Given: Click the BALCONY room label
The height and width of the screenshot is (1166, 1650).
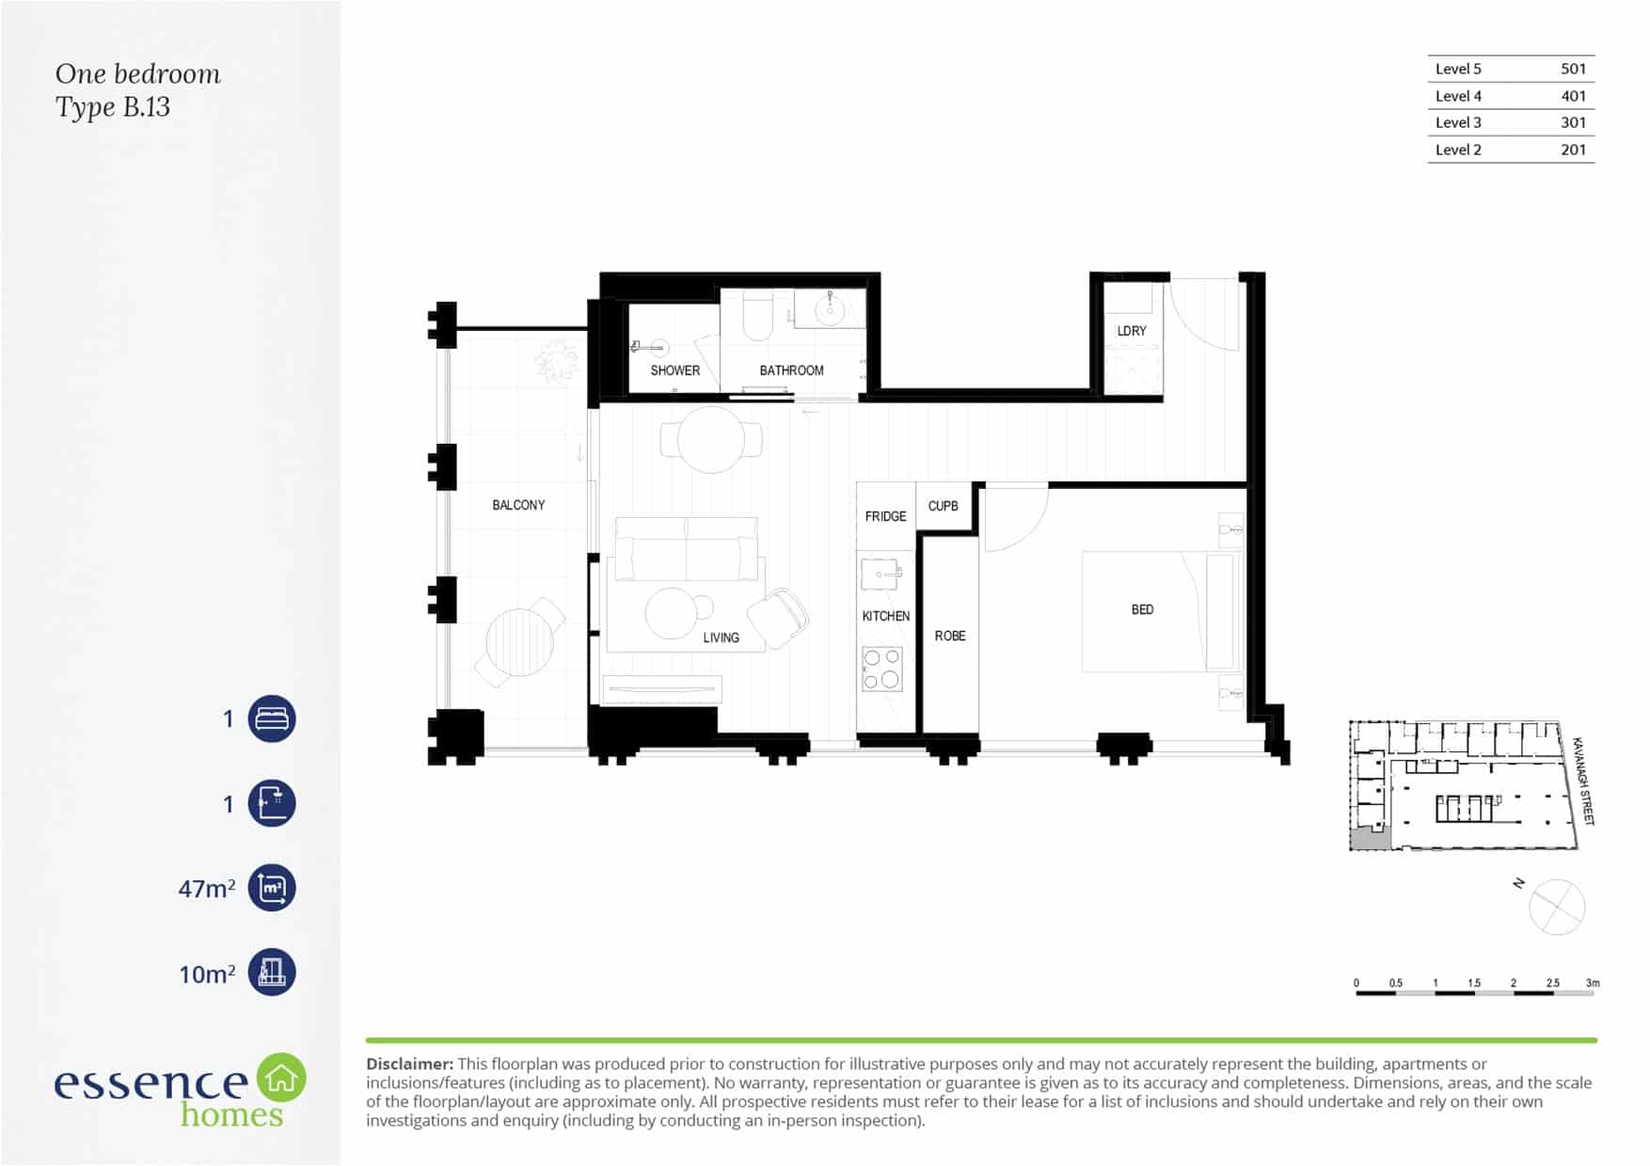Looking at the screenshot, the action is (x=518, y=505).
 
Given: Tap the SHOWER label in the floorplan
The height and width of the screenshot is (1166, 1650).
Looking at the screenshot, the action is (x=674, y=370).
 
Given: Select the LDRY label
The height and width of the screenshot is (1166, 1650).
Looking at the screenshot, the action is (x=1132, y=331).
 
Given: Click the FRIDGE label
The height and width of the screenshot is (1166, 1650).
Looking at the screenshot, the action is (x=885, y=516).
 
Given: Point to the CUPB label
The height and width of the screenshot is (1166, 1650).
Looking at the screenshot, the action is (x=943, y=506).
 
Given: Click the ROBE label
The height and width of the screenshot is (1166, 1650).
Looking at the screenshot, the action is (x=950, y=636).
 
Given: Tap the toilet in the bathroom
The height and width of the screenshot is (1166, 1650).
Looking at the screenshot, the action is (x=757, y=316).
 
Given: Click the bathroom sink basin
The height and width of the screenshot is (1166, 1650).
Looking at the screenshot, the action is (x=829, y=309).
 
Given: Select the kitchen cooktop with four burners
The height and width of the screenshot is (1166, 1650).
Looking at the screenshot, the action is (x=882, y=669).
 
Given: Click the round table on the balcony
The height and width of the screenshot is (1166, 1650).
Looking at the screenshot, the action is (x=519, y=642).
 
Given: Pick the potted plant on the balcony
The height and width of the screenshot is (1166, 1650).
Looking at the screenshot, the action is (x=556, y=362).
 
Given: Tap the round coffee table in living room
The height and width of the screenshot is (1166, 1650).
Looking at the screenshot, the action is (x=673, y=613).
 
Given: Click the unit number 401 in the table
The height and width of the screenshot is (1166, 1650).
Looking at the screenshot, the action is (x=1573, y=96).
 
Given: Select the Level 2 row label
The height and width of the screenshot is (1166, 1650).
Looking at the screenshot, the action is (x=1458, y=150).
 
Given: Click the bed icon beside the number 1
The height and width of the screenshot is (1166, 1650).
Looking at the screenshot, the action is (x=272, y=719).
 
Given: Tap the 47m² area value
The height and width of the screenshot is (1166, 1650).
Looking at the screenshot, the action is (x=207, y=889).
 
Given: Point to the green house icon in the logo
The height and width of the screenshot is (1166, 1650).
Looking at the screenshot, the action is (x=281, y=1078).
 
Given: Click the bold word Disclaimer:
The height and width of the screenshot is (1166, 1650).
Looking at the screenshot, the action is (x=409, y=1064).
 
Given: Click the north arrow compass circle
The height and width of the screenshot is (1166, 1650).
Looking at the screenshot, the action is (x=1557, y=907).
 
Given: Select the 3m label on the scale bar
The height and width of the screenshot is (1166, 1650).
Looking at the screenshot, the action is (x=1592, y=983).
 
